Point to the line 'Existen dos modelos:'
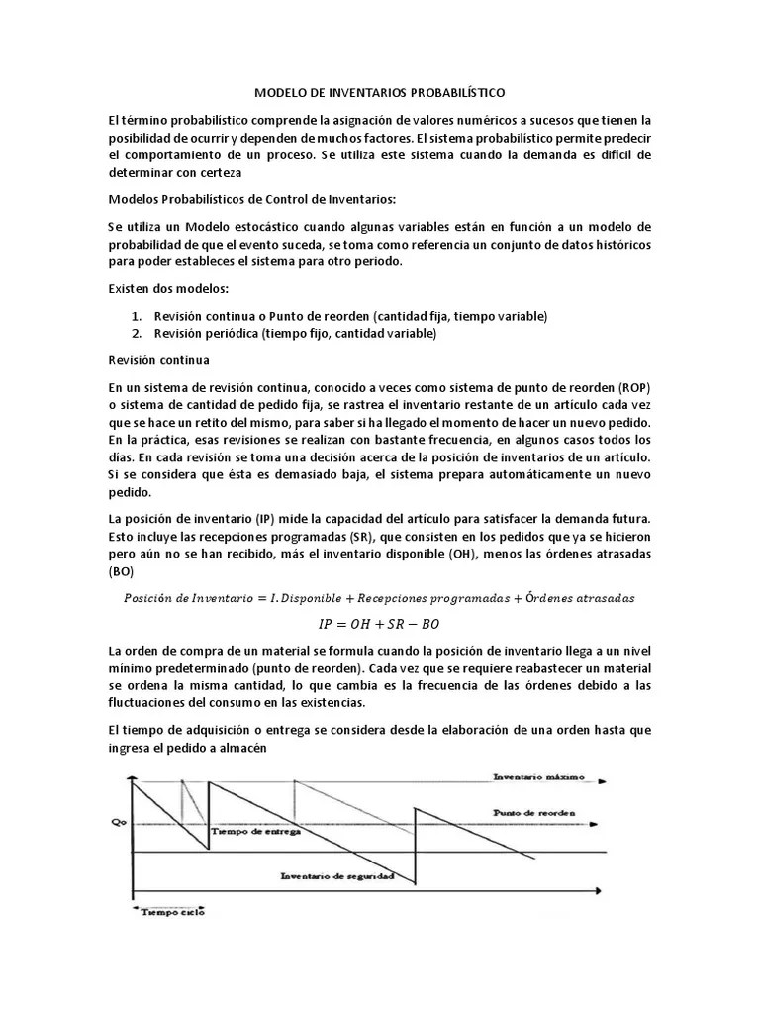tap(168, 288)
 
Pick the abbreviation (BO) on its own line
tap(120, 571)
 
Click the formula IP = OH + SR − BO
tap(379, 623)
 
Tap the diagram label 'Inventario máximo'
tap(538, 777)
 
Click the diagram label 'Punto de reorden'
tap(535, 812)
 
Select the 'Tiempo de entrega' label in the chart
tap(258, 831)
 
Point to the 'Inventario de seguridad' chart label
tap(338, 875)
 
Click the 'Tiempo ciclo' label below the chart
tap(172, 912)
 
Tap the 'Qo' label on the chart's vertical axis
tap(119, 821)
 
